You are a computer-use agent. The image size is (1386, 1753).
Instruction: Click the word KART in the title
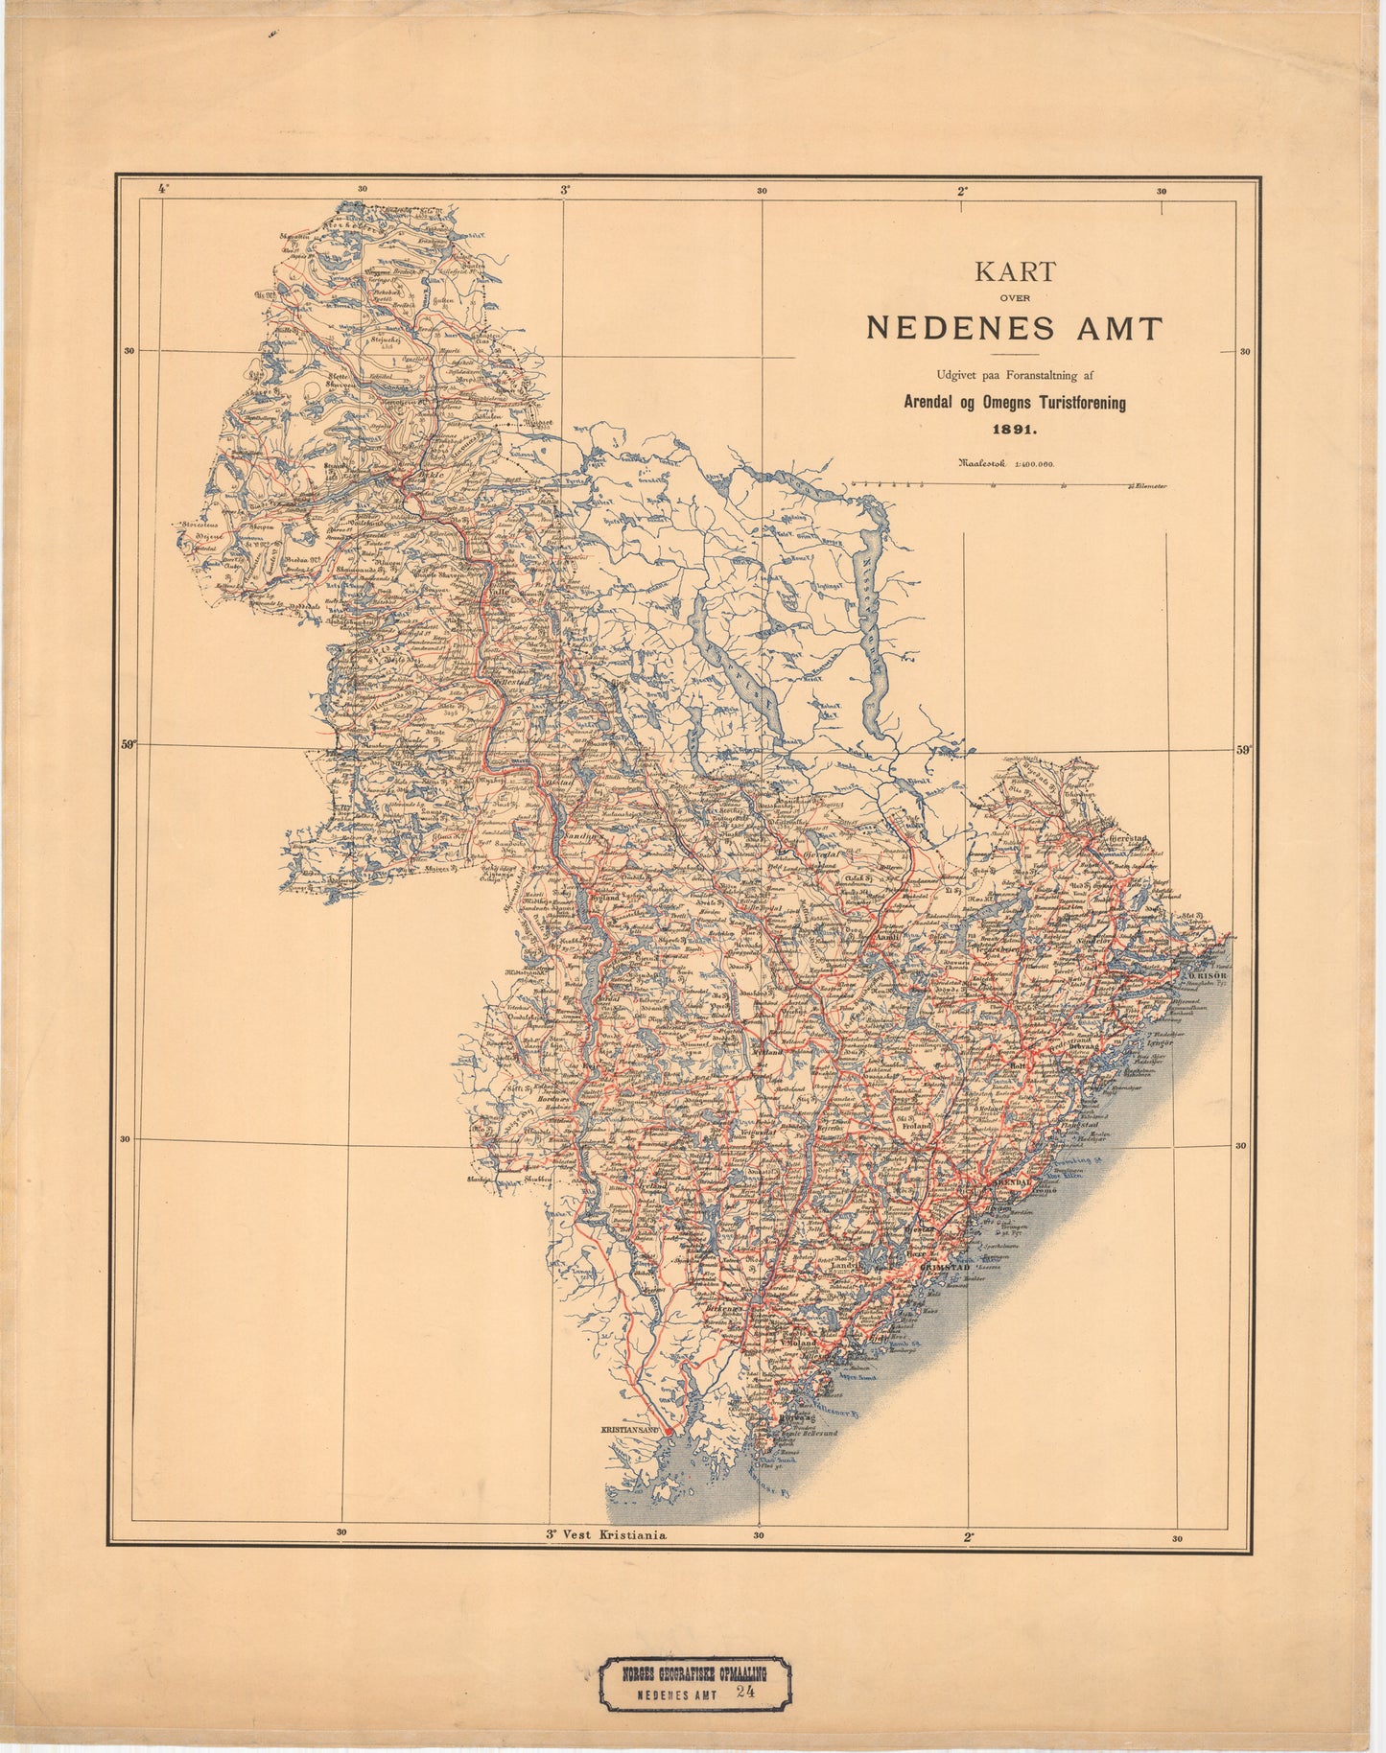click(x=1015, y=272)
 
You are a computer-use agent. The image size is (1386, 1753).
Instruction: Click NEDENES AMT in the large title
click(x=1014, y=328)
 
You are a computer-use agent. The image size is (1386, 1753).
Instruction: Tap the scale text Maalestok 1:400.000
click(x=1004, y=463)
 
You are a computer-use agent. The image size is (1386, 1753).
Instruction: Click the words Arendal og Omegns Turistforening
click(x=1014, y=404)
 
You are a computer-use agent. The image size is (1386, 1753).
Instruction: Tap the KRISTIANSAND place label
click(x=632, y=1429)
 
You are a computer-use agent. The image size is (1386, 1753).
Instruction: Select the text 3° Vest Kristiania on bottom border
click(x=604, y=1534)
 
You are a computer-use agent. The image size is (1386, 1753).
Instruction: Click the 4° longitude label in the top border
click(x=162, y=190)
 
